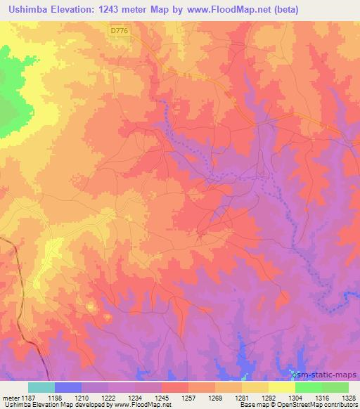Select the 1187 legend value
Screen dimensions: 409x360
[x=29, y=397]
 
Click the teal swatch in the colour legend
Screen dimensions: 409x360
[x=41, y=387]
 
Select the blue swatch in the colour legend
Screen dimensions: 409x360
[x=68, y=387]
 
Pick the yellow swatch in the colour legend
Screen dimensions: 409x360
[x=282, y=387]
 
